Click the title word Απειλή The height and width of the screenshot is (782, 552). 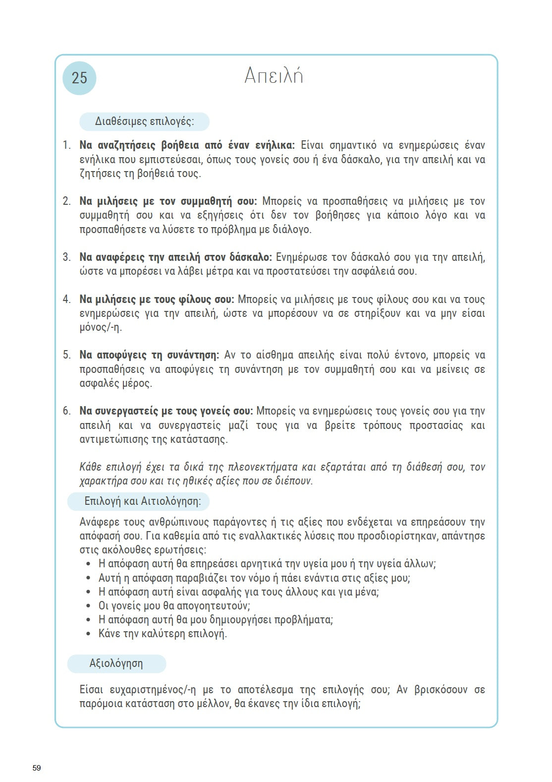click(274, 76)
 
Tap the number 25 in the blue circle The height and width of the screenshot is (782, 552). click(79, 78)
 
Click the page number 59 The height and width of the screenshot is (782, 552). click(37, 768)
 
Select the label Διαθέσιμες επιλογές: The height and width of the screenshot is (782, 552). click(144, 121)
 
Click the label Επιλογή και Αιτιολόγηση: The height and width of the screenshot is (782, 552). click(143, 501)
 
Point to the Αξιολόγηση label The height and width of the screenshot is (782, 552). click(116, 663)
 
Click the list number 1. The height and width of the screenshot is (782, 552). click(66, 145)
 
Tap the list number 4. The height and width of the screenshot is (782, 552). click(66, 300)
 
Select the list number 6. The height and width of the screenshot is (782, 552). click(66, 411)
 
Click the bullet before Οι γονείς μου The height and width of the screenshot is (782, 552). click(88, 606)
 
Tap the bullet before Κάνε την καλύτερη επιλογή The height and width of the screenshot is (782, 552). click(88, 634)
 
